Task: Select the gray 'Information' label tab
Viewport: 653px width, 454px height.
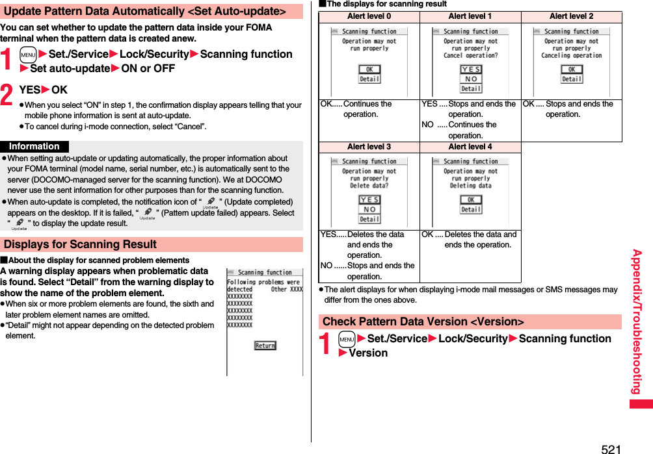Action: coord(34,147)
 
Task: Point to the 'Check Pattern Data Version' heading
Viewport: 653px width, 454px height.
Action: coord(423,322)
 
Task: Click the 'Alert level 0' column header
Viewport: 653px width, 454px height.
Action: coord(369,16)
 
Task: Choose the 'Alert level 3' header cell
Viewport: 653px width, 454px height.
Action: coord(369,147)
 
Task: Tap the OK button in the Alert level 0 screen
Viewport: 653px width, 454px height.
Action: coord(369,69)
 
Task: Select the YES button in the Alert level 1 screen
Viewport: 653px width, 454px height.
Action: coord(471,69)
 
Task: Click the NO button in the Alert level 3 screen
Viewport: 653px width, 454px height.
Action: coord(369,209)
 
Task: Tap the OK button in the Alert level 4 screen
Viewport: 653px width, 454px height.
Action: coord(471,199)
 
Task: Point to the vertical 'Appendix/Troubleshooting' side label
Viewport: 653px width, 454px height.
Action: coord(637,322)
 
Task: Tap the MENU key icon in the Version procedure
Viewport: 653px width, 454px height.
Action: coord(347,339)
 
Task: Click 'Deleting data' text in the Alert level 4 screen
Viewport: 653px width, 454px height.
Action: coord(471,186)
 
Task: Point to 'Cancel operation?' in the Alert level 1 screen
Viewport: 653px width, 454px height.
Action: coord(471,56)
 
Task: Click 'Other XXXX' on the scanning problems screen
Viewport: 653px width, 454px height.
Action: coord(286,290)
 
